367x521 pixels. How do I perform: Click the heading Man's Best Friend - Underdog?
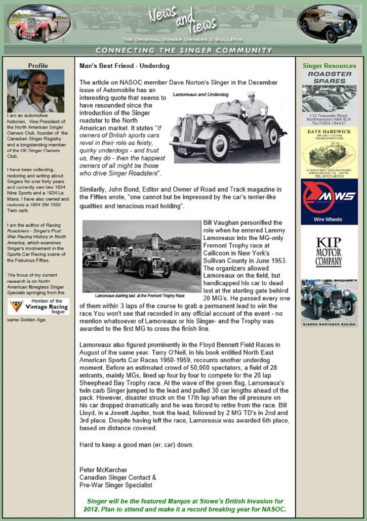(x=124, y=66)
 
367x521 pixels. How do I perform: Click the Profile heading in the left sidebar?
(x=38, y=65)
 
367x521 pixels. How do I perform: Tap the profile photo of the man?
(x=35, y=91)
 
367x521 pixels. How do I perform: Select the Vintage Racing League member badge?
(x=38, y=307)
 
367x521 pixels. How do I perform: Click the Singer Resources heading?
(x=329, y=66)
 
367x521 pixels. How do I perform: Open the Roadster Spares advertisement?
(x=329, y=98)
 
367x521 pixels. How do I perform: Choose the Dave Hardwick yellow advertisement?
(x=329, y=152)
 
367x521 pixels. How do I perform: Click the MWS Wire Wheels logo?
(x=329, y=201)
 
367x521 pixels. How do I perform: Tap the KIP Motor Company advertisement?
(x=329, y=251)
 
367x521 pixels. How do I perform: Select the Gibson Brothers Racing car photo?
(x=329, y=302)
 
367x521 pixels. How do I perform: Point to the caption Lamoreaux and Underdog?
(x=200, y=95)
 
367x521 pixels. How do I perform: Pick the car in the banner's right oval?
(x=328, y=24)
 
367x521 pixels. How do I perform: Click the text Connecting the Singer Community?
(x=184, y=50)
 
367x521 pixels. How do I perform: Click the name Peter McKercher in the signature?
(x=103, y=470)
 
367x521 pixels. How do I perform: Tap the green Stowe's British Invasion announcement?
(x=186, y=505)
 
